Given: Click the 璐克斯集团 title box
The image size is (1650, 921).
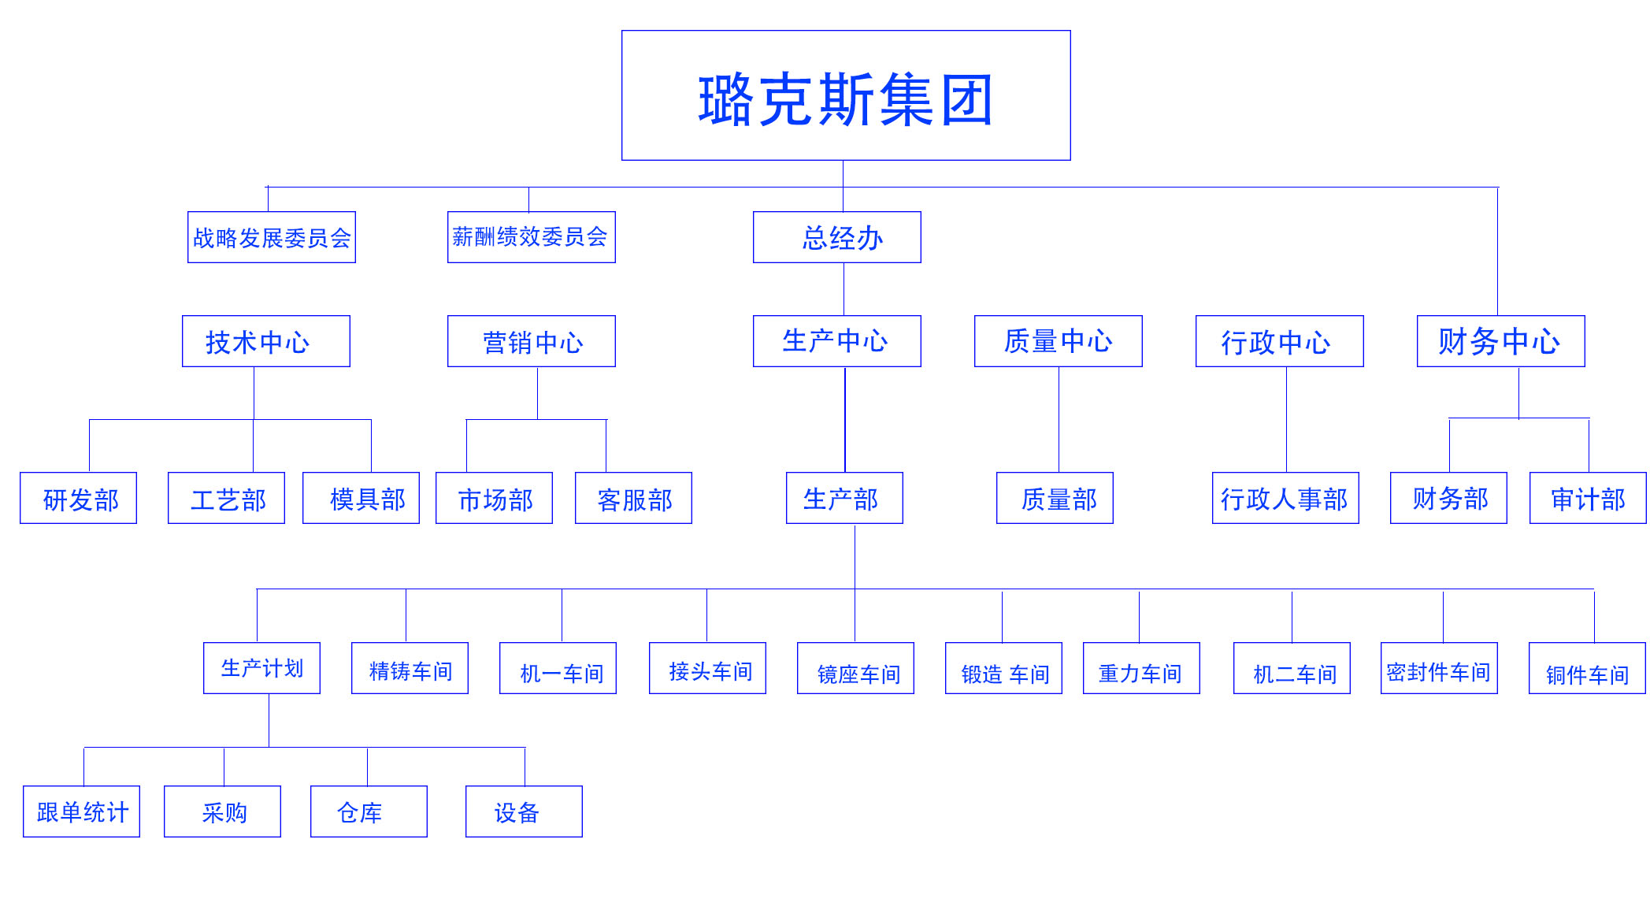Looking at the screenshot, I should [846, 95].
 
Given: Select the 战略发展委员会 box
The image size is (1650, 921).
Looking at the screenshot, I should [272, 237].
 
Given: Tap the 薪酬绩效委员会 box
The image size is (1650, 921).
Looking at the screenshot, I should [531, 237].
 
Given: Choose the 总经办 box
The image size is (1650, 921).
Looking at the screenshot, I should [836, 237].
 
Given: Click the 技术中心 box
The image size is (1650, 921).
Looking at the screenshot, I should [266, 341].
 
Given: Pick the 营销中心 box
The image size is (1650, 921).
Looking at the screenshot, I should [531, 341].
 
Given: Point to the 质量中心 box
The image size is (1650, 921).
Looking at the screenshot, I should [1058, 341].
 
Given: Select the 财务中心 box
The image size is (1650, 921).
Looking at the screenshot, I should [1500, 341].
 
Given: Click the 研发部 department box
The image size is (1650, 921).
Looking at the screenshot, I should [79, 498].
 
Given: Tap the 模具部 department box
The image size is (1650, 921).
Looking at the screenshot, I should [361, 498].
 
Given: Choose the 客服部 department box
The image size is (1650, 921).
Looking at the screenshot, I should [633, 498].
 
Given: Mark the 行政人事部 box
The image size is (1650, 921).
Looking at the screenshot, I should [1285, 498].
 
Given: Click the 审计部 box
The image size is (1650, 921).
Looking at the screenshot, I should [1588, 498].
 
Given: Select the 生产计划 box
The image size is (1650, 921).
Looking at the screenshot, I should [261, 668].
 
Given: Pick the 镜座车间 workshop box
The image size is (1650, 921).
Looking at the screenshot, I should [855, 668].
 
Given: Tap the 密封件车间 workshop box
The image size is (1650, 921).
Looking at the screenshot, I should [1439, 668].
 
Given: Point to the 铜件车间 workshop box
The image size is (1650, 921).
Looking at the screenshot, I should [1587, 668].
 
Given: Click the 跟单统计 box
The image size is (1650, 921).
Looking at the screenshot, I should [82, 811].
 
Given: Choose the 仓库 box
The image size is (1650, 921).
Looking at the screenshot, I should [369, 811].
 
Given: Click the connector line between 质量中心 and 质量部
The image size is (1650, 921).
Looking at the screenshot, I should [1059, 419].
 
